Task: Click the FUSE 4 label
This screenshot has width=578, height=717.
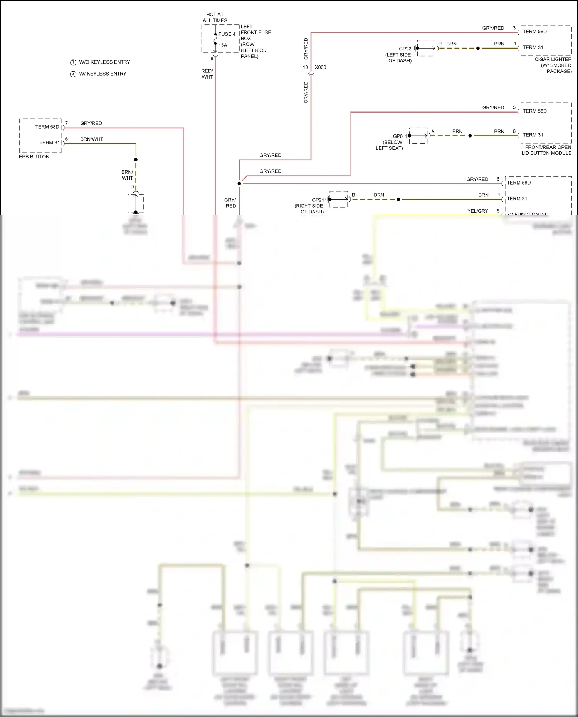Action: pyautogui.click(x=227, y=34)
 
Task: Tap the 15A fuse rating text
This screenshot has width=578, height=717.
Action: pyautogui.click(x=223, y=45)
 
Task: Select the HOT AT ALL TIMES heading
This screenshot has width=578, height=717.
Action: pyautogui.click(x=215, y=17)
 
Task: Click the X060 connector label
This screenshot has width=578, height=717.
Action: pyautogui.click(x=320, y=67)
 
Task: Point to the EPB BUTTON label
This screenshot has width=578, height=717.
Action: pyautogui.click(x=34, y=157)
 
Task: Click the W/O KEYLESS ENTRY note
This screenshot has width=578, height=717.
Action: pyautogui.click(x=104, y=62)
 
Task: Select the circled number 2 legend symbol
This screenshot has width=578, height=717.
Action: pyautogui.click(x=73, y=74)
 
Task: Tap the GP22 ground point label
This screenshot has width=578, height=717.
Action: pyautogui.click(x=405, y=49)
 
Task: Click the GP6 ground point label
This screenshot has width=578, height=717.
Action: pyautogui.click(x=398, y=136)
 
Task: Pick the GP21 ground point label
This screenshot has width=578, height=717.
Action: pyautogui.click(x=318, y=200)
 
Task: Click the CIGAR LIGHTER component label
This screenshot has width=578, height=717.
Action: pyautogui.click(x=553, y=59)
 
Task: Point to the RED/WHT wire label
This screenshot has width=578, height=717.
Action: pyautogui.click(x=207, y=74)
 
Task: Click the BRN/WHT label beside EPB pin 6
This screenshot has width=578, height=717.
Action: pyautogui.click(x=92, y=139)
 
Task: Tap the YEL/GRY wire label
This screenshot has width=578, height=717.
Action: pyautogui.click(x=477, y=211)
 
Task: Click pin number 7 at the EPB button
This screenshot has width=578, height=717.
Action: pyautogui.click(x=66, y=123)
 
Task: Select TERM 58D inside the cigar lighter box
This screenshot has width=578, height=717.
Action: pyautogui.click(x=534, y=32)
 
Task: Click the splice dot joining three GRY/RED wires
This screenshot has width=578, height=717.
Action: pyautogui.click(x=239, y=183)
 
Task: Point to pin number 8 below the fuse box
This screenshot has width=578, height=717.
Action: pyautogui.click(x=212, y=59)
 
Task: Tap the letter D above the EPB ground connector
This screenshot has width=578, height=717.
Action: pyautogui.click(x=132, y=187)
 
